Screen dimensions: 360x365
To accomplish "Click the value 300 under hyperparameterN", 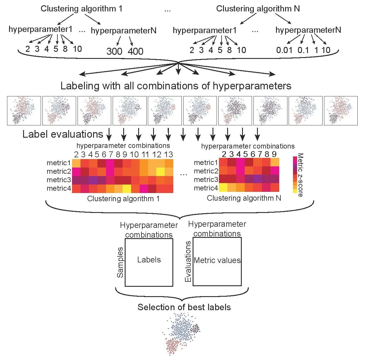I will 114,51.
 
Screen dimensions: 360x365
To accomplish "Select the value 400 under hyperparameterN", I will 136,51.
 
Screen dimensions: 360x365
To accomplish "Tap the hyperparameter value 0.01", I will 284,50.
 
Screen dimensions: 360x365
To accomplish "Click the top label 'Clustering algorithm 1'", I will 81,8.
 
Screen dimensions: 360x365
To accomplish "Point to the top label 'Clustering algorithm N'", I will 258,8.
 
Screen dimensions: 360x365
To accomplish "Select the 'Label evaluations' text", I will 63,134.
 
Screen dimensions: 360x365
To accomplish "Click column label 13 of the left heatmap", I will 169,154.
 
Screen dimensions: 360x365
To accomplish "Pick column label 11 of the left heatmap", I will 145,154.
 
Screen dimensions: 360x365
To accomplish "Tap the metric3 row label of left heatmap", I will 59,180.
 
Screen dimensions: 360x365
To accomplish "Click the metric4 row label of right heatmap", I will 206,188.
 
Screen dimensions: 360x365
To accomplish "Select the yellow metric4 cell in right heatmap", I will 223,187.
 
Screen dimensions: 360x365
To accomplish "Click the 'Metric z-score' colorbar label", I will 300,175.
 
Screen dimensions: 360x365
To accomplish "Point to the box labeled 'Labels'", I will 149,262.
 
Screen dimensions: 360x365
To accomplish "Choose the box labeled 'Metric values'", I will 217,261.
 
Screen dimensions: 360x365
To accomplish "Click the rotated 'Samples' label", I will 120,262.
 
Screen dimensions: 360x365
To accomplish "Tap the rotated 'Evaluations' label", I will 188,262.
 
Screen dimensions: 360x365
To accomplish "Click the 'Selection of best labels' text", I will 184,307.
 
